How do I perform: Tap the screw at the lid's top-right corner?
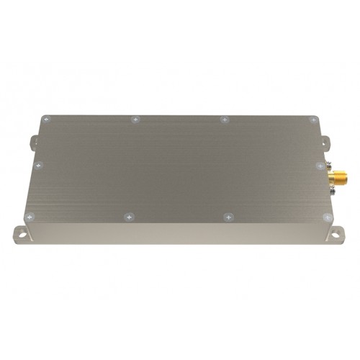pyautogui.click(x=311, y=120)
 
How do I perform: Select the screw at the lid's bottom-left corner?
pyautogui.click(x=28, y=217)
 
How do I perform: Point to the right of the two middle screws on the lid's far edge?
pyautogui.click(x=224, y=119)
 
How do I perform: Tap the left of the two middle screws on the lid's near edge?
pyautogui.click(x=128, y=216)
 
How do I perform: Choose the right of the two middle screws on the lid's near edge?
pyautogui.click(x=228, y=216)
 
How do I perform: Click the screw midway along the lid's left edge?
pyautogui.click(x=39, y=164)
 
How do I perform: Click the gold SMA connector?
pyautogui.click(x=335, y=176)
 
